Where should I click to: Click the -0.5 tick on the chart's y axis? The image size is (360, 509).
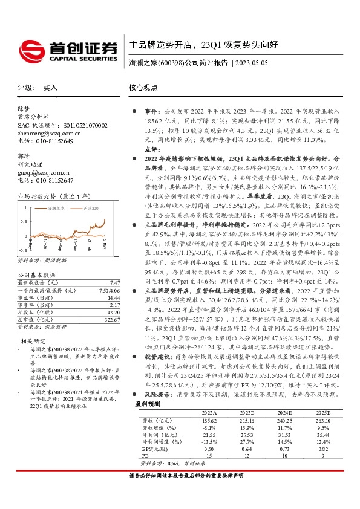coord(22,249)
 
